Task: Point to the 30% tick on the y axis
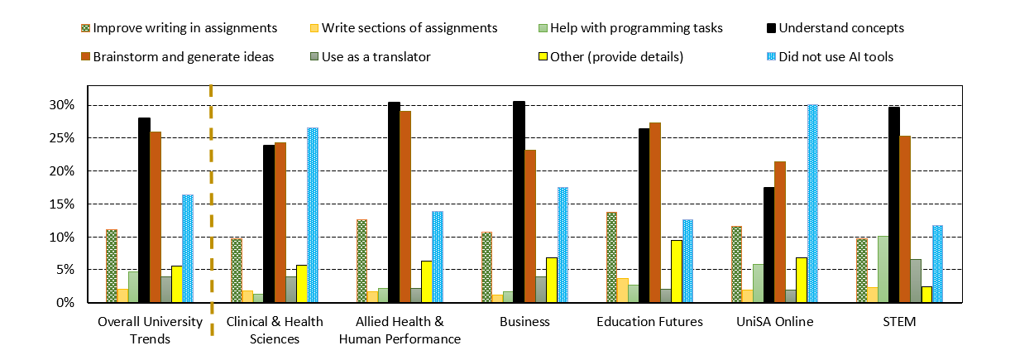point(61,105)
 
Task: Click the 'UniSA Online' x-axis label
point(775,322)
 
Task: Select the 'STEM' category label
point(900,322)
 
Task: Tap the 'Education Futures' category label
point(650,322)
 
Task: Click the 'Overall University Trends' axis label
point(150,329)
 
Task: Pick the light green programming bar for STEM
point(883,270)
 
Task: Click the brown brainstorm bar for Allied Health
point(405,207)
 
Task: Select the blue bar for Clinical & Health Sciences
point(313,215)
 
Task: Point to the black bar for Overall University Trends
point(144,210)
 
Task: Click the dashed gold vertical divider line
point(212,207)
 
